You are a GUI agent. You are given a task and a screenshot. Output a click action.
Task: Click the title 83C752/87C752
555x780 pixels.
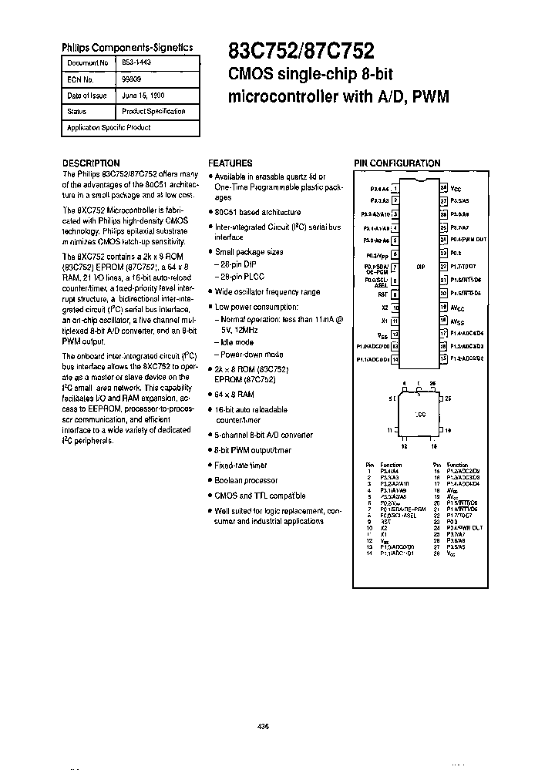(301, 52)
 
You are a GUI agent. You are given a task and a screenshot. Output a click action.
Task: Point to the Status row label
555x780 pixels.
(77, 111)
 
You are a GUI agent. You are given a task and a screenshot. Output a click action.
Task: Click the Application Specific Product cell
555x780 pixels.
(109, 127)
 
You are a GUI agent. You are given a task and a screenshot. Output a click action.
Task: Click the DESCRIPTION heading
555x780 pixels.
(90, 163)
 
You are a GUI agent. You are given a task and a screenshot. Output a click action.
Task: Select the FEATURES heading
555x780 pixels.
(230, 163)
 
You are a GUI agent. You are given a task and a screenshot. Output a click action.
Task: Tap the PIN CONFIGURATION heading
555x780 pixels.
(397, 163)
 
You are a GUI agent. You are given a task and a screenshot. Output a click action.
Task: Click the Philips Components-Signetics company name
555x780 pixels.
(127, 47)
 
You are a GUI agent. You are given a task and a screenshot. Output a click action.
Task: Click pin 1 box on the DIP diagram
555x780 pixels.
(395, 187)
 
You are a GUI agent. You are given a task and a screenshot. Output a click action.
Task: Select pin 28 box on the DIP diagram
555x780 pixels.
(443, 187)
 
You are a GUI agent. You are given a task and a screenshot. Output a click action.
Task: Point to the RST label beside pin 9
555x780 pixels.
(382, 294)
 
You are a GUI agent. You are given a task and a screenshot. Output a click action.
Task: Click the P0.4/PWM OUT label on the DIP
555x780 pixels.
(469, 240)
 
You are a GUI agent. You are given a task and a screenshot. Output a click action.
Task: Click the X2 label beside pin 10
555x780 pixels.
(384, 307)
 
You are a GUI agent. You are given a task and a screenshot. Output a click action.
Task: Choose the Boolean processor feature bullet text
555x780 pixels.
(247, 479)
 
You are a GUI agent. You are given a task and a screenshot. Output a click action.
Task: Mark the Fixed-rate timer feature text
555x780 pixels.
(241, 465)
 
